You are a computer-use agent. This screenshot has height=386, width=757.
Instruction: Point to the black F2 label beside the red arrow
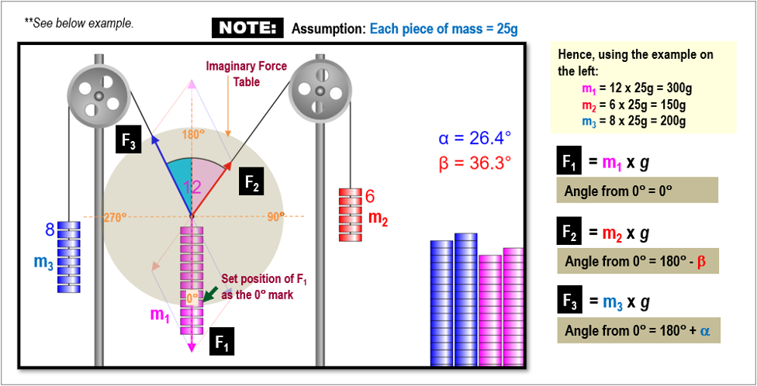click(253, 183)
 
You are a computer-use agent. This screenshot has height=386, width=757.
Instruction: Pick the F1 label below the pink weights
click(221, 339)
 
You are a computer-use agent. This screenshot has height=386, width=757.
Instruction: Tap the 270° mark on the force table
click(115, 218)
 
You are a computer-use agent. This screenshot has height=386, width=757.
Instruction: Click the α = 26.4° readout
click(475, 139)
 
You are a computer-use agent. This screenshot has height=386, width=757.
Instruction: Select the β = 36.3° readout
click(475, 164)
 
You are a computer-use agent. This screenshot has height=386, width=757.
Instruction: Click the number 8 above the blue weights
click(49, 229)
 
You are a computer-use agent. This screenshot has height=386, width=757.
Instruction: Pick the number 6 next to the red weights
click(370, 197)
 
